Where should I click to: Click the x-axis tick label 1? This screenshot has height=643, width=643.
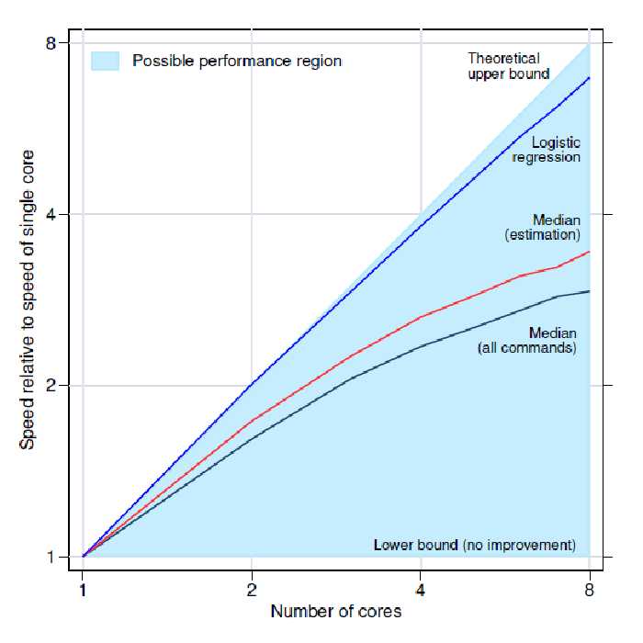83,588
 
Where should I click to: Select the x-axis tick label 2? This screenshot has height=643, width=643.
252,588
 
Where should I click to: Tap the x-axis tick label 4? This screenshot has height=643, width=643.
420,588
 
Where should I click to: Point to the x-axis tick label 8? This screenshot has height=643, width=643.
589,588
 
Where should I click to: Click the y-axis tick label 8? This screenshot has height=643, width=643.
51,43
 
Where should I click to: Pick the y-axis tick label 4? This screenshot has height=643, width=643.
51,214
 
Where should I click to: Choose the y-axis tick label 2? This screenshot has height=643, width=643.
51,386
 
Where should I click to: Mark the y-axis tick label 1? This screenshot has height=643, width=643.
51,557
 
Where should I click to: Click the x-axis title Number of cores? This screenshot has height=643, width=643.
335,611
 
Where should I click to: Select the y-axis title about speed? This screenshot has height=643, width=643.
28,299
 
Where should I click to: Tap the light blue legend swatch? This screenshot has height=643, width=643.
106,62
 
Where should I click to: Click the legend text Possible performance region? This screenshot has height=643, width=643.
237,62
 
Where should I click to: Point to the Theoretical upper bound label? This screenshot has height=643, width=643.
509,66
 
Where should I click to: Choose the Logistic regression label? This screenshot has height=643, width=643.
547,150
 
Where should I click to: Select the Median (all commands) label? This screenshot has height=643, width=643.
527,341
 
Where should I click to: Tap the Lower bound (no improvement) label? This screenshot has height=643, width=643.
475,545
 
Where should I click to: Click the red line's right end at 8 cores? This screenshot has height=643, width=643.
589,251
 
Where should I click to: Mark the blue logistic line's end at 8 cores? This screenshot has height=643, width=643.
589,78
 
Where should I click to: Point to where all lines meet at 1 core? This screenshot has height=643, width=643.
84,556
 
